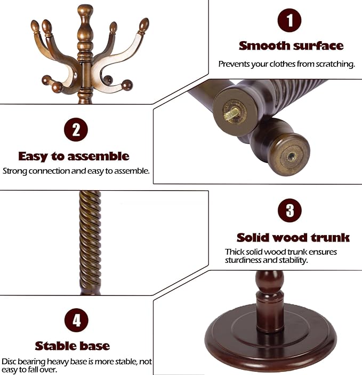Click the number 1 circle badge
[289, 21]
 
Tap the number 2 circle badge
[76, 130]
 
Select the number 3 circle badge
[289, 210]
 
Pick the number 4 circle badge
[76, 320]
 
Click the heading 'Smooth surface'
[291, 45]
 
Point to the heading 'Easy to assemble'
[74, 156]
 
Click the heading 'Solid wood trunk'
[293, 237]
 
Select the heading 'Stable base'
[73, 346]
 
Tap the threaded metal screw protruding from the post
[232, 114]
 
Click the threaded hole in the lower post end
[291, 157]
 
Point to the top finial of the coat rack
[84, 11]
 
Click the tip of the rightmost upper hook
[143, 25]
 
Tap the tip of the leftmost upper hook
[35, 26]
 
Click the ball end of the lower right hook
[127, 84]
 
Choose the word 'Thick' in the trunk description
[235, 252]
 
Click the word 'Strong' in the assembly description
[14, 171]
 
